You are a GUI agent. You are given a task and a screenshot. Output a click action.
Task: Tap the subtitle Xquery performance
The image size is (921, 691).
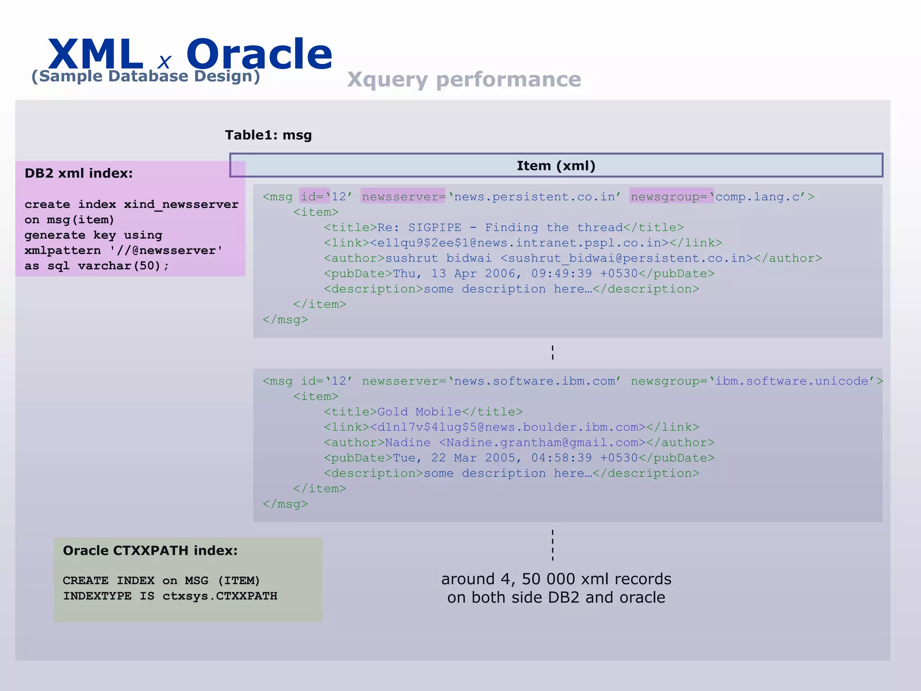[x=464, y=80]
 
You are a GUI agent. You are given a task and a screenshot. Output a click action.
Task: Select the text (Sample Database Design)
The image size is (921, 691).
[x=146, y=76]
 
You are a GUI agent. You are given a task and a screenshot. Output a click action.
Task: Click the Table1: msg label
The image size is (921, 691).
[x=268, y=135]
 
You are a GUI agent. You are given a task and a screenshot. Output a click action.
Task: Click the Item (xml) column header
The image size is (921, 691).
[x=556, y=166]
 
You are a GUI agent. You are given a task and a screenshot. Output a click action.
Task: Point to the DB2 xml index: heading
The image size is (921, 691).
[x=79, y=173]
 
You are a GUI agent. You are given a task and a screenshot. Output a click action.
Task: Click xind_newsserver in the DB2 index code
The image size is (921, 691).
[x=181, y=204]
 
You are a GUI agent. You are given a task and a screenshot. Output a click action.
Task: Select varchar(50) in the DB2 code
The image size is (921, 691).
[x=119, y=266]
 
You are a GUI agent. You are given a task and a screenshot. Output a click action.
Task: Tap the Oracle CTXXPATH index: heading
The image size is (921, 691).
[x=150, y=550]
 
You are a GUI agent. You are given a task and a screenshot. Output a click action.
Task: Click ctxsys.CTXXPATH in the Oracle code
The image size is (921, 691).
[x=219, y=596]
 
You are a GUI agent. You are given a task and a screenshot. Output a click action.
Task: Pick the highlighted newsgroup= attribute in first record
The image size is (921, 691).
[x=671, y=197]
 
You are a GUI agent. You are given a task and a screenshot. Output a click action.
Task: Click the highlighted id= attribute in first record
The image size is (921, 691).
[x=313, y=197]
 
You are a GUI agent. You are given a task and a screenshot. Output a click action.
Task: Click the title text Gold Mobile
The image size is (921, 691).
[x=419, y=412]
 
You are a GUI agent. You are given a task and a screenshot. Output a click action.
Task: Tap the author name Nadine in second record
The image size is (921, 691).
[x=407, y=443]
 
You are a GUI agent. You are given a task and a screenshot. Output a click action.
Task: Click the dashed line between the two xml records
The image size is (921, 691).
[x=553, y=352]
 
